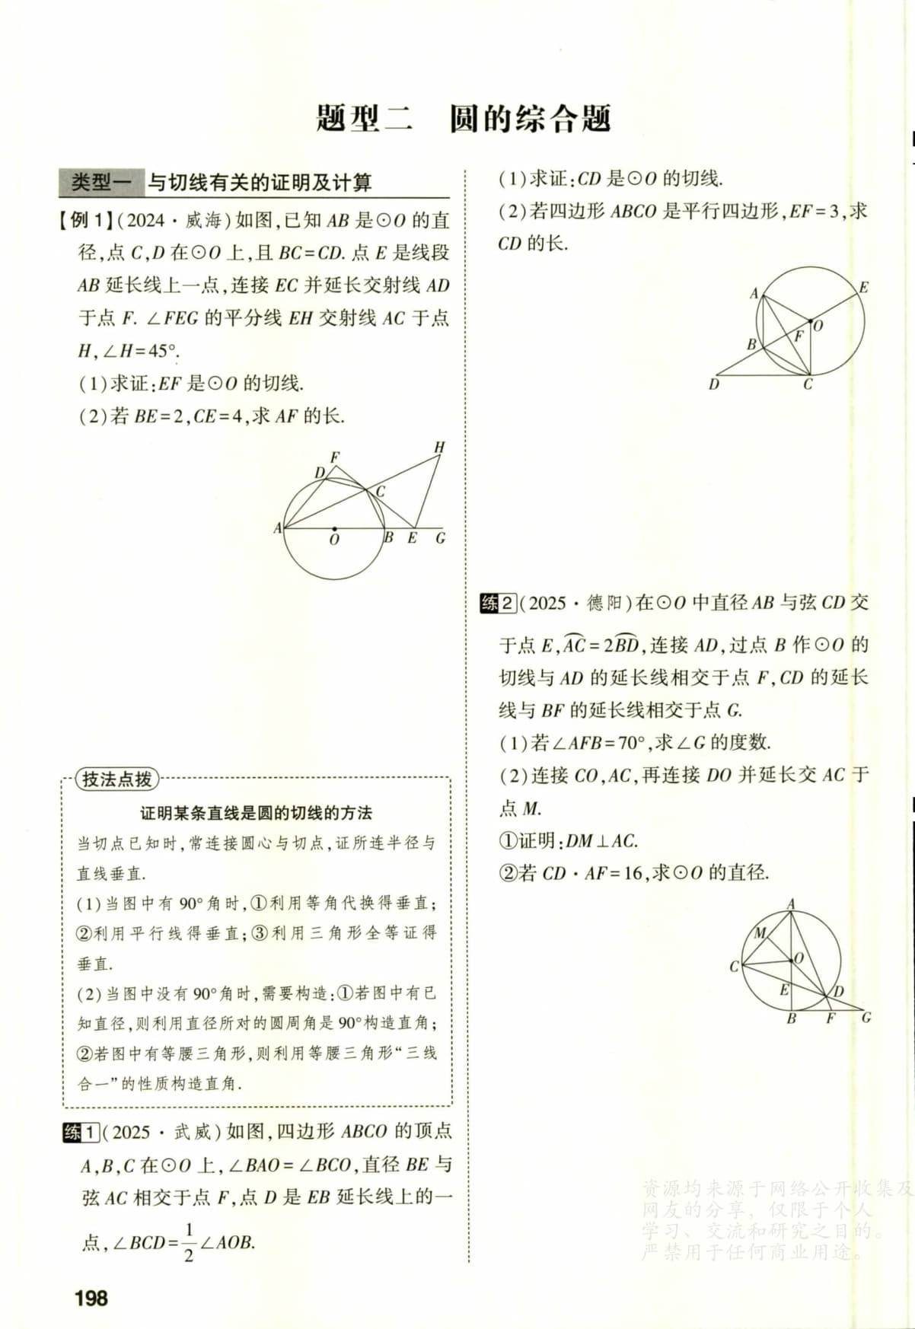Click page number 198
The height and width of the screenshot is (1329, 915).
click(91, 1298)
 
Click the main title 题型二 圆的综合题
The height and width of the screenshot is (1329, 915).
click(464, 119)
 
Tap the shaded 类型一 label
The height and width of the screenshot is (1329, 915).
click(101, 183)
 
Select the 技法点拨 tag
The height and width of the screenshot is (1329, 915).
click(116, 779)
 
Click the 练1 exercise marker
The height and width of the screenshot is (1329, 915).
click(80, 1132)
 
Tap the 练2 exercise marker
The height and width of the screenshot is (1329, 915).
click(499, 604)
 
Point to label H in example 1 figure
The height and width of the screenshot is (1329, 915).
click(439, 448)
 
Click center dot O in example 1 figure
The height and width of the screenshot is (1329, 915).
click(334, 527)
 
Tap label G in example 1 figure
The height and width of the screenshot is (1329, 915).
click(440, 538)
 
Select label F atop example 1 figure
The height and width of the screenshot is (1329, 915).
click(334, 457)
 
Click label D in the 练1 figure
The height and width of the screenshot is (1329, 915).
click(713, 384)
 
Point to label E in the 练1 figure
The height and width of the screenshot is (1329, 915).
click(863, 288)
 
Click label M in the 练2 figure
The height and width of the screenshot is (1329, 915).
click(760, 932)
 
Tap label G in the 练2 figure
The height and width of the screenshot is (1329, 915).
click(866, 1017)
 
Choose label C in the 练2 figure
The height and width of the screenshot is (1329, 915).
click(734, 967)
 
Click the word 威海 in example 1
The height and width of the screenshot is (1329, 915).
click(203, 221)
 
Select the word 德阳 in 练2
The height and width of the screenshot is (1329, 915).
click(605, 604)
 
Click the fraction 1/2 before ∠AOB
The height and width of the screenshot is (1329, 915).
click(189, 1242)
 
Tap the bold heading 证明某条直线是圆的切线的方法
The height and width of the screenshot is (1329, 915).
click(256, 813)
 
